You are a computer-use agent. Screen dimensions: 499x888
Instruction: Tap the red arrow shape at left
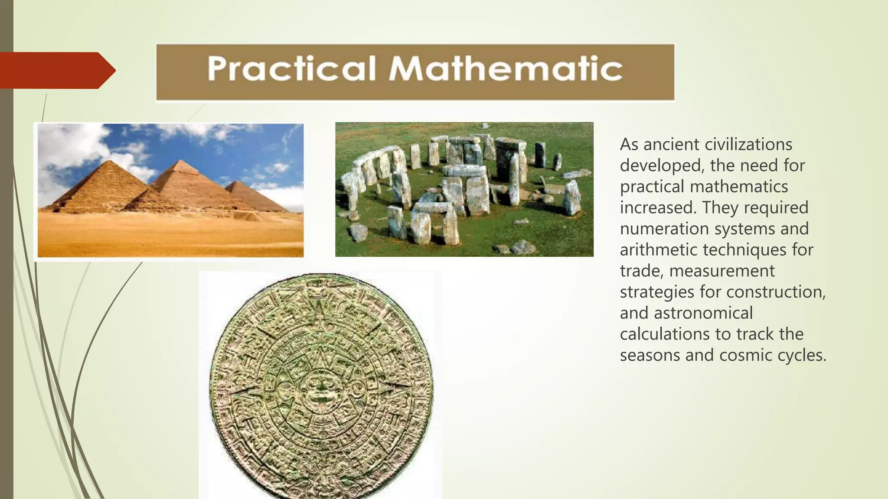(x=56, y=70)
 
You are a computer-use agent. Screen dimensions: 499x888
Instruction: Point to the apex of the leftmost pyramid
(x=111, y=161)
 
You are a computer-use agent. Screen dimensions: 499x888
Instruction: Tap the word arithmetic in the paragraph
(x=659, y=250)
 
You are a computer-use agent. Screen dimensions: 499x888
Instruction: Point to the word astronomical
(x=703, y=313)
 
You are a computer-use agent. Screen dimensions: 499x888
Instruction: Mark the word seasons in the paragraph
(x=650, y=355)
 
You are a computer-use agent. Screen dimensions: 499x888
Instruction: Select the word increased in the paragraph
(x=658, y=207)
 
